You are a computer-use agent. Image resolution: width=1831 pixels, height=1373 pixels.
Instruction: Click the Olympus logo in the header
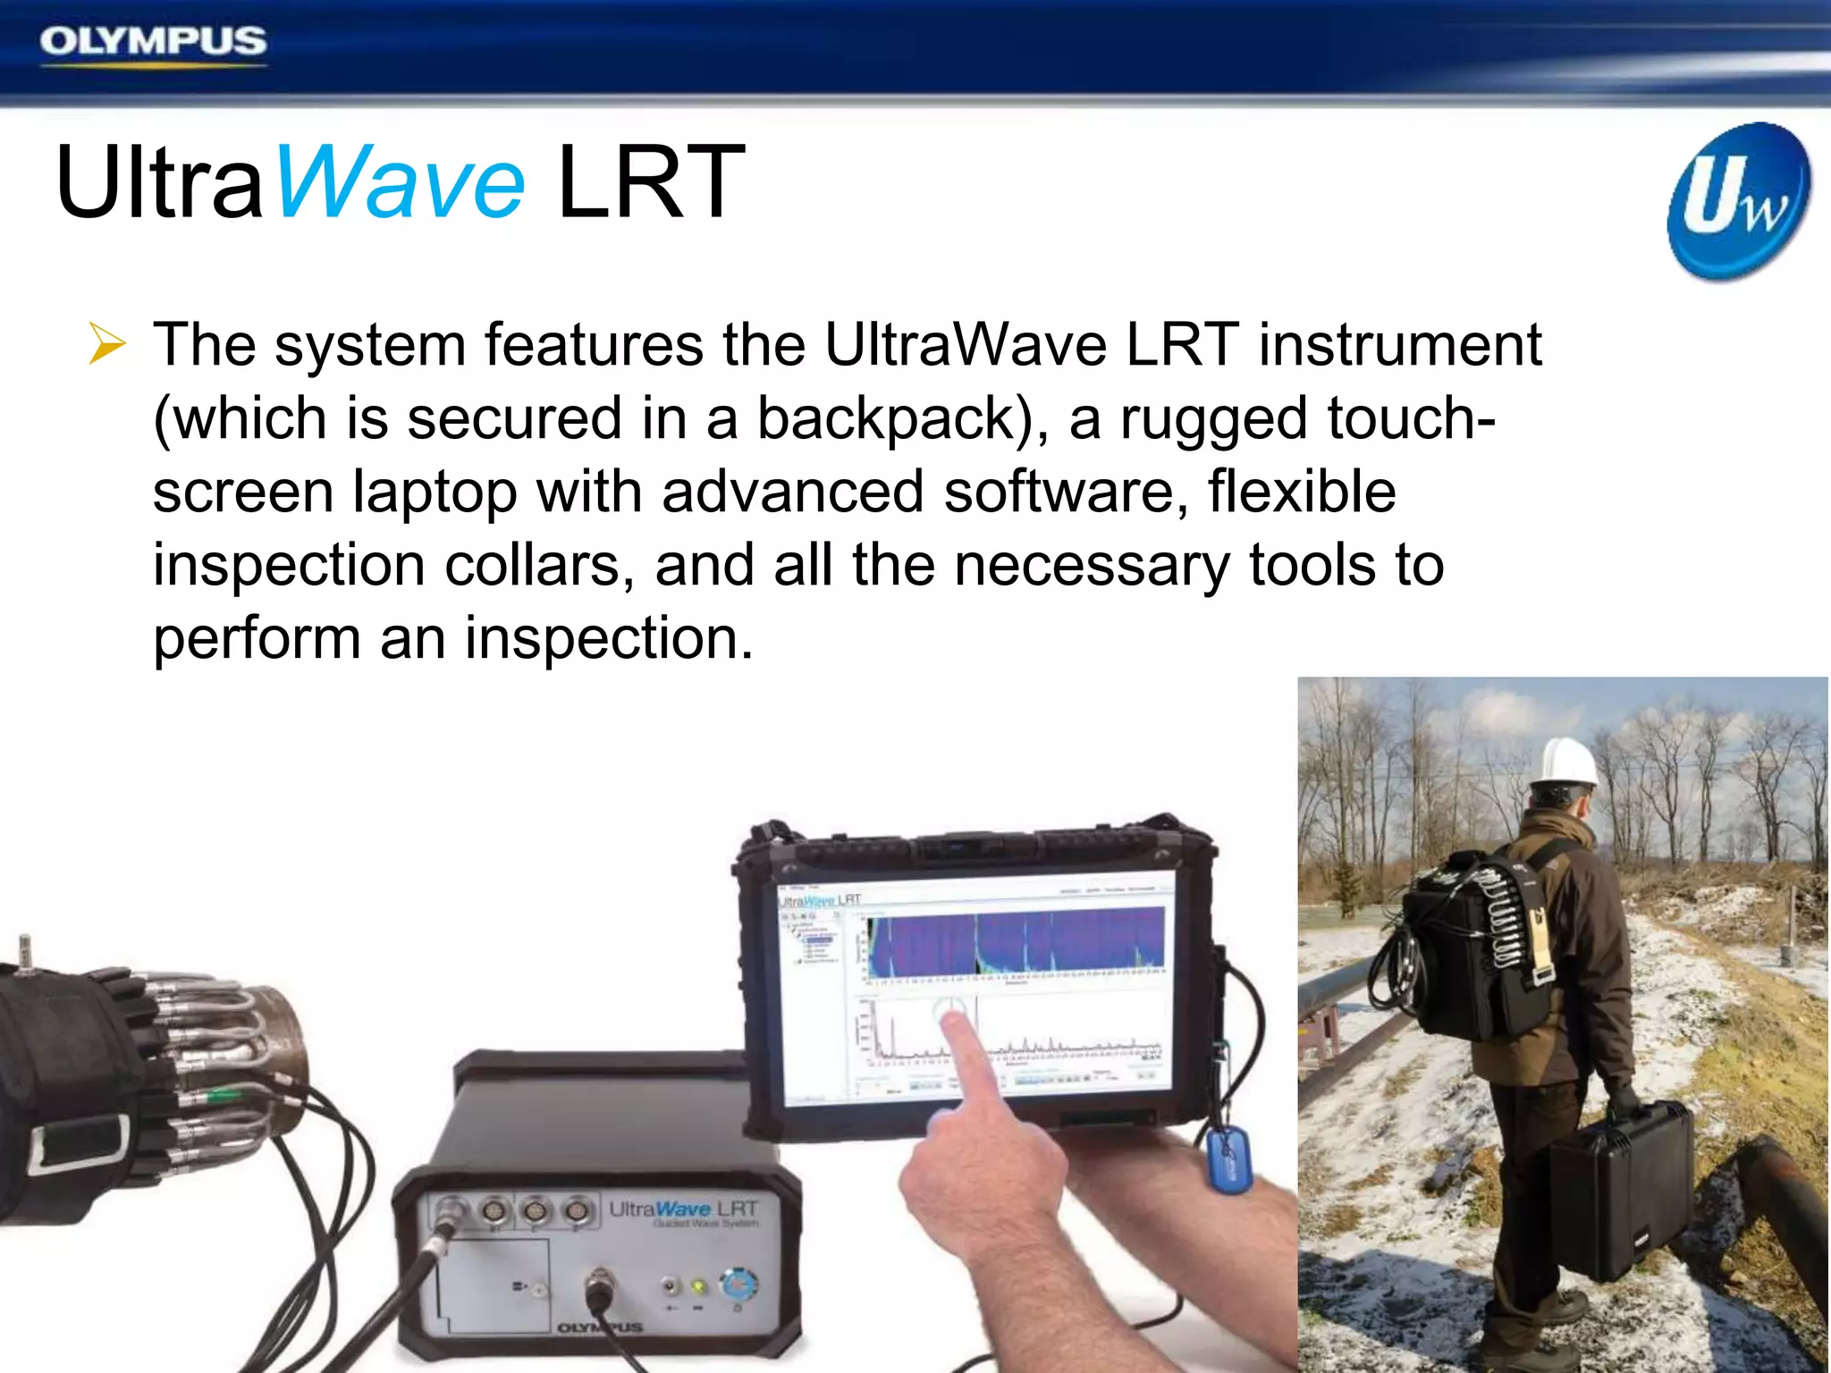click(x=153, y=42)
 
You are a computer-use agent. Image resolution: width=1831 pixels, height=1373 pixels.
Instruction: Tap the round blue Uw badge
click(x=1738, y=202)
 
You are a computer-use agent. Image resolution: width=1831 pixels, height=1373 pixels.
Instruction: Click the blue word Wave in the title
click(x=400, y=183)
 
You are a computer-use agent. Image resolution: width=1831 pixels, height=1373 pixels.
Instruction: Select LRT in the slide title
click(x=650, y=183)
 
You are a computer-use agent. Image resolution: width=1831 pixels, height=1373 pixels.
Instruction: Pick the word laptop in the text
click(x=435, y=493)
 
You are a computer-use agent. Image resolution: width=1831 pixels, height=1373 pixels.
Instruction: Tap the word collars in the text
click(x=539, y=566)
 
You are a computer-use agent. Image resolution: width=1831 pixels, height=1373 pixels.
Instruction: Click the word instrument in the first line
click(x=1400, y=346)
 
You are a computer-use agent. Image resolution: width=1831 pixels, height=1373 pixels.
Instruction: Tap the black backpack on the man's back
click(x=1466, y=948)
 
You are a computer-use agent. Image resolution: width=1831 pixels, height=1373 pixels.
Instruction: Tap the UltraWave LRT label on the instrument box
click(x=683, y=1210)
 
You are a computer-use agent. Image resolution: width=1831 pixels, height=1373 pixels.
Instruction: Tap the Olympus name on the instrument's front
click(x=600, y=1327)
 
